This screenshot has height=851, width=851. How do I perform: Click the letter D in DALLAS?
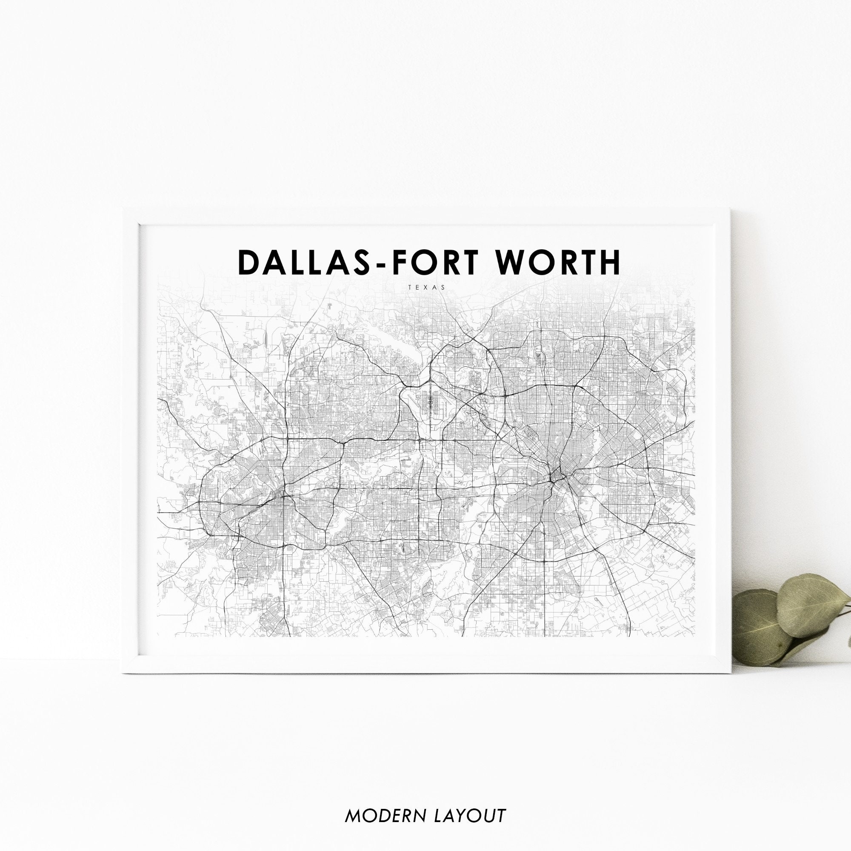pos(248,263)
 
